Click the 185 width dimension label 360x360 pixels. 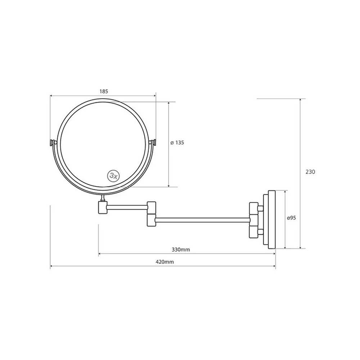(104, 91)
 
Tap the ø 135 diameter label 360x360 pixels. (177, 143)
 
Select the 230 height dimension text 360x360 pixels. (310, 172)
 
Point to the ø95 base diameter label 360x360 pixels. (291, 218)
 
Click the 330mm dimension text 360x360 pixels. (181, 249)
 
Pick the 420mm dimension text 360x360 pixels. (165, 262)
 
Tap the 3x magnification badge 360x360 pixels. (113, 176)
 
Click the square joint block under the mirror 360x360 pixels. (102, 207)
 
